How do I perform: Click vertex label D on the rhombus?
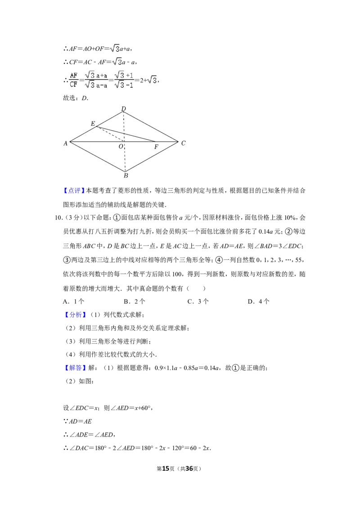coord(123,108)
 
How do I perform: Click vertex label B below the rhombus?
coord(126,176)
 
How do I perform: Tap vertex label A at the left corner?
coord(65,143)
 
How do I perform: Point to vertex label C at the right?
coord(183,143)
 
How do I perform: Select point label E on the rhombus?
coord(93,123)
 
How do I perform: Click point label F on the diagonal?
coord(156,147)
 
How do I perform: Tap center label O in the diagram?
coord(121,147)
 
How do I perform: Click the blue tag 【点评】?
coord(74,191)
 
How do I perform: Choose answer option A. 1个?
coord(73,302)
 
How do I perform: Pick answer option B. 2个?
coord(134,302)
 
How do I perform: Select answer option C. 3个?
coord(198,302)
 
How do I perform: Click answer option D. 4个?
coord(259,302)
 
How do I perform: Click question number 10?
coord(58,218)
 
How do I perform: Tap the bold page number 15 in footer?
coord(166,469)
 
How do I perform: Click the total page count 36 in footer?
coord(189,469)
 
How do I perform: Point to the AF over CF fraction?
coord(74,80)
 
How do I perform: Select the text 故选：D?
coord(76,98)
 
